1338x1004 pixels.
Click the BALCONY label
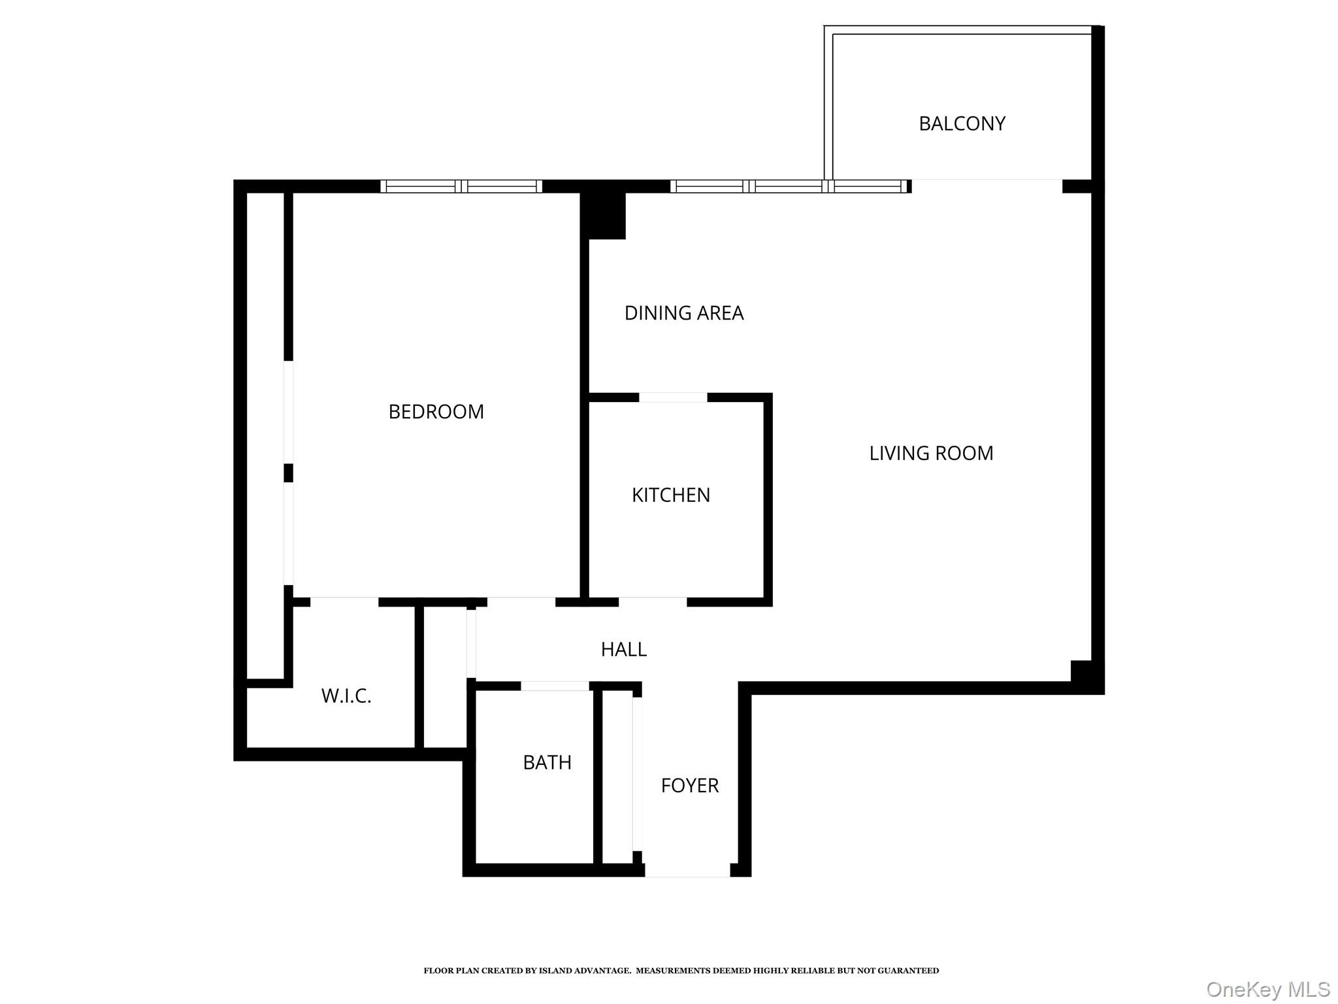tap(961, 124)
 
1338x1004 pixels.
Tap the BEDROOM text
tap(436, 412)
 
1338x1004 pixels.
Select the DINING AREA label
tap(683, 313)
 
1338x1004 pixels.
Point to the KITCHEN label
tap(670, 495)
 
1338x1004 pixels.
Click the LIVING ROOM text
tap(930, 453)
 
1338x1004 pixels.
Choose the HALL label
tap(623, 649)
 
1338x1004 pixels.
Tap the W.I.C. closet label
tap(346, 696)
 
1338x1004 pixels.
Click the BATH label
tap(547, 762)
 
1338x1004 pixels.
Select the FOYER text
tap(689, 785)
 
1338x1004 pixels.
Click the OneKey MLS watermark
tap(1267, 989)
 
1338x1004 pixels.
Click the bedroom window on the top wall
tap(461, 186)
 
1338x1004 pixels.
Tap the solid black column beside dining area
tap(603, 215)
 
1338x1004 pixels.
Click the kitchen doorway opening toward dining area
tap(673, 397)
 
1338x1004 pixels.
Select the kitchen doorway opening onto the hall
tap(652, 602)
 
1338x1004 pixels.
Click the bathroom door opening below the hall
tap(555, 686)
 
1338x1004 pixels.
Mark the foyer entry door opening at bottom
tap(687, 871)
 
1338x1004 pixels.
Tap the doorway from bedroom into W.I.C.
tap(344, 602)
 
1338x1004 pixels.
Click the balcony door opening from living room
tap(987, 186)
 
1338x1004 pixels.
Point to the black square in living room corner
tap(1081, 671)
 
